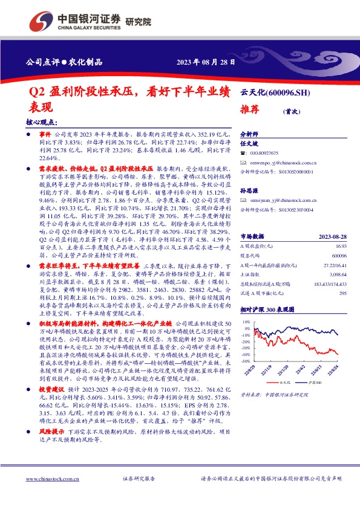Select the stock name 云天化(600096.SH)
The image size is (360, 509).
click(x=275, y=92)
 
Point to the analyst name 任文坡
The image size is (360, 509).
click(x=249, y=144)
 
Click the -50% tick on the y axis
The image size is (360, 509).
click(x=245, y=361)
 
